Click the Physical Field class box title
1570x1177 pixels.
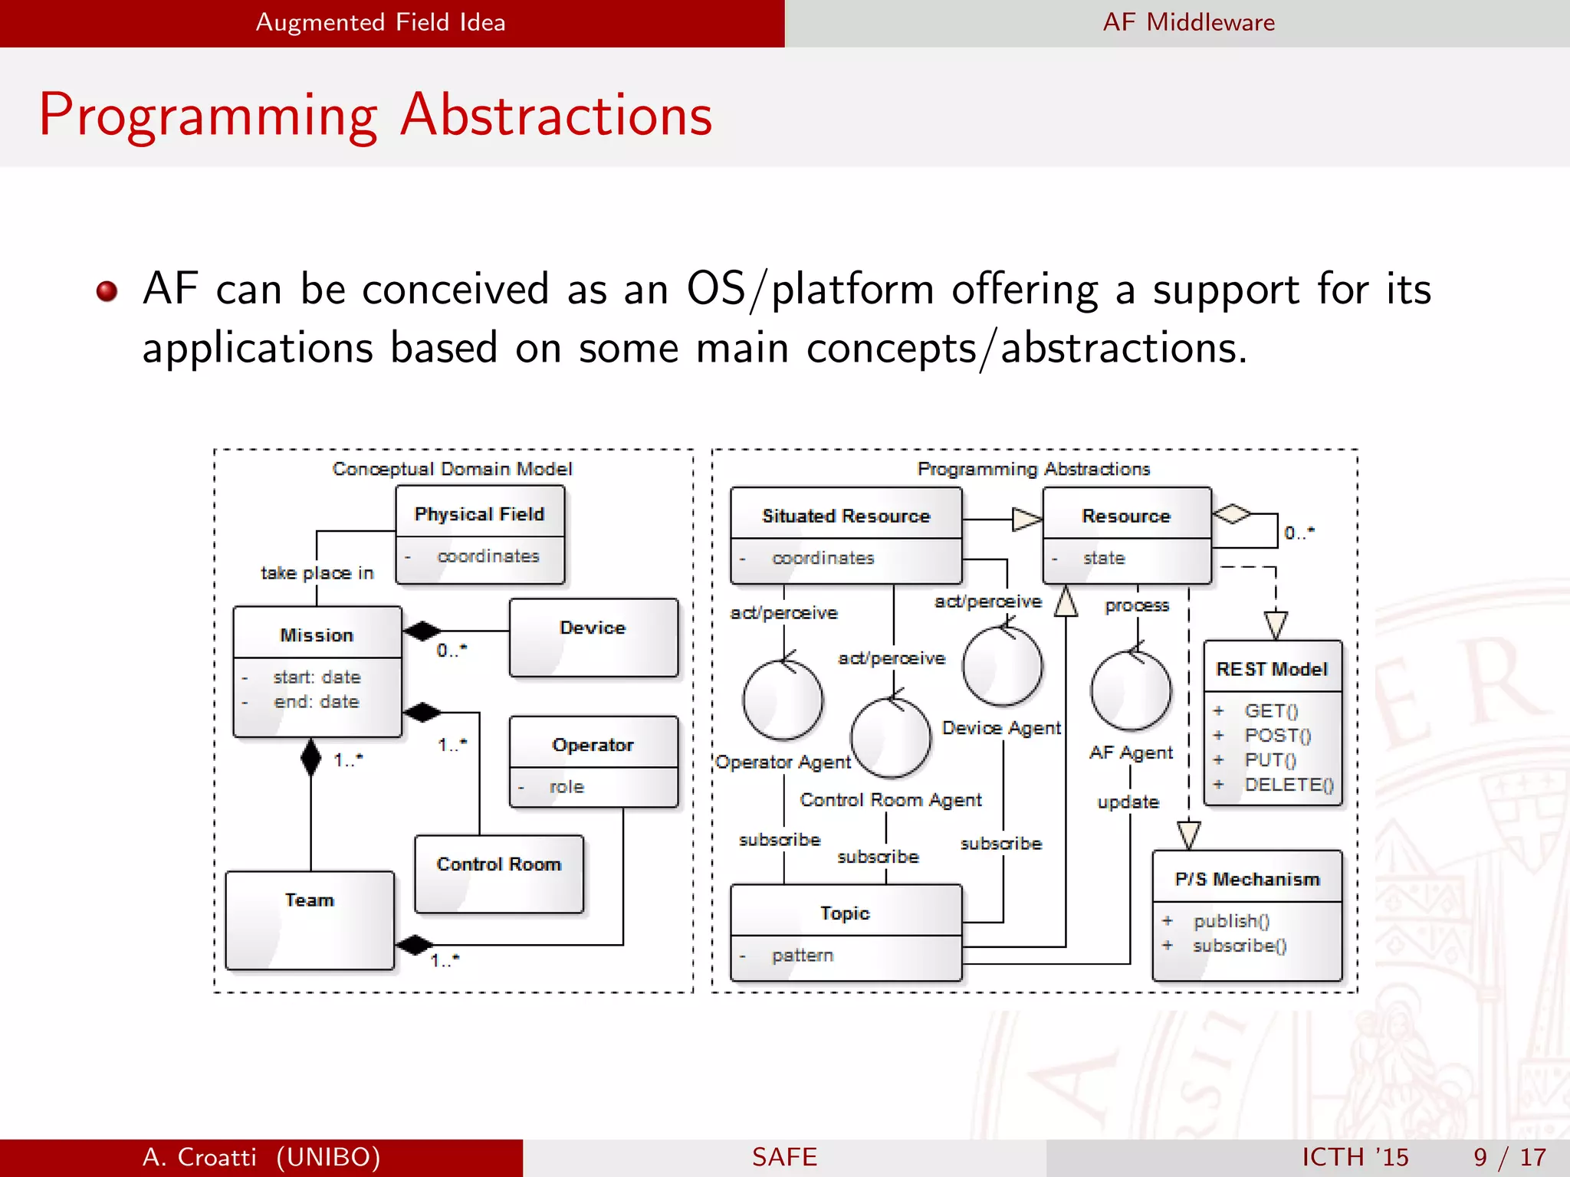[479, 513]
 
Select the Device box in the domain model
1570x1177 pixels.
[593, 638]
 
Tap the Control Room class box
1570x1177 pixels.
[498, 873]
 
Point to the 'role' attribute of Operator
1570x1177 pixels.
[567, 787]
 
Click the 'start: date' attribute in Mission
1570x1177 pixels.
[316, 677]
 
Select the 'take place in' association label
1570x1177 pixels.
[317, 573]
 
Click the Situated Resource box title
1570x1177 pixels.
[846, 516]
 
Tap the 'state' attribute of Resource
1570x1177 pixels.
[1103, 558]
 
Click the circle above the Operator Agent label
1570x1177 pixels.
[783, 700]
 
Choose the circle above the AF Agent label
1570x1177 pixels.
[1130, 690]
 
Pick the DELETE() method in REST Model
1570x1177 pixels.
[1288, 785]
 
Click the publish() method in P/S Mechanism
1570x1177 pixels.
[1230, 920]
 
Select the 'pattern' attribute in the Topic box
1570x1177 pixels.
[802, 956]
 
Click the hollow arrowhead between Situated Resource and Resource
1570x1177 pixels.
[1026, 520]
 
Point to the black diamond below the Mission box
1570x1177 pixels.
[310, 758]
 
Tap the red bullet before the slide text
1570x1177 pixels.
[107, 291]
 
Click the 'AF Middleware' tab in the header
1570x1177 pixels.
[1188, 22]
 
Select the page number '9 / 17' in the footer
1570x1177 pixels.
[1509, 1156]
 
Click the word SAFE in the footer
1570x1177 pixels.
[784, 1156]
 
